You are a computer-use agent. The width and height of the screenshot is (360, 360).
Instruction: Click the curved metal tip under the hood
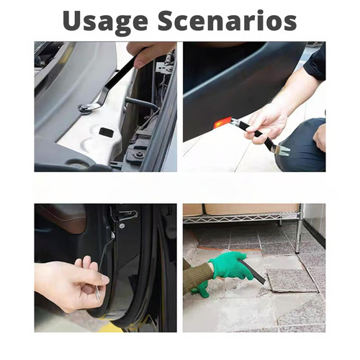(x=87, y=108)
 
